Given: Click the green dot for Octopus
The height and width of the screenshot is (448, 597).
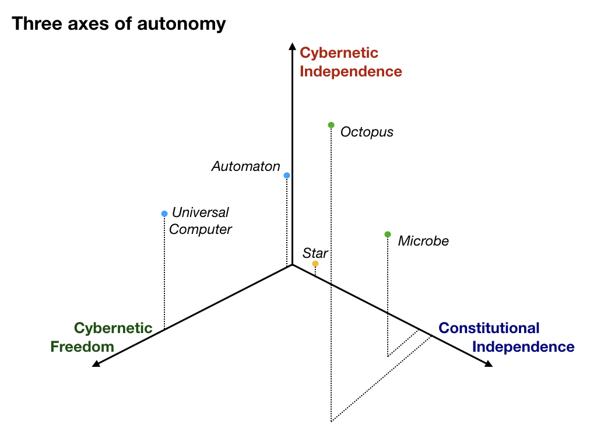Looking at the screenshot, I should point(331,125).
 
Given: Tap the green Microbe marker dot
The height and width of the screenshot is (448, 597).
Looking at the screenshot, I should point(388,235).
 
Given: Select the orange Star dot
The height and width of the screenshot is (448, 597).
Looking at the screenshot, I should point(315,264).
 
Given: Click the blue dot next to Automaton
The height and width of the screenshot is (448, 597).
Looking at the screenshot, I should point(287,175).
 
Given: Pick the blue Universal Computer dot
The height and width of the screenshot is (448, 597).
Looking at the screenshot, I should point(164,213).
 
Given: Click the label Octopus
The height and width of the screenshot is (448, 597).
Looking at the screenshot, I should point(367,132).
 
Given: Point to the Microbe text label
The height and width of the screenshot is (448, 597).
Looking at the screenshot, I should point(423,241).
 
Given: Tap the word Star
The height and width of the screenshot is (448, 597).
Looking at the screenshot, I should point(315,253).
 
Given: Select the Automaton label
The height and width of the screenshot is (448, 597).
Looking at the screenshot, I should point(245,166).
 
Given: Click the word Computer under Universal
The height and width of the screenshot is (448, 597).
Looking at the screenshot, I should point(200,229).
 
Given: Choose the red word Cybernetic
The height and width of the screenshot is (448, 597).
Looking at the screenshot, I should point(339,53).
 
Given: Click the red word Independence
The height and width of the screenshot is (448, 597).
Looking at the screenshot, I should point(351,72).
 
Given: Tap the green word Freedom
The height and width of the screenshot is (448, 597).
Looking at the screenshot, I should point(82,347).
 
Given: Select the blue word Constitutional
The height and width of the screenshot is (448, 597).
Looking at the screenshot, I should point(489,328).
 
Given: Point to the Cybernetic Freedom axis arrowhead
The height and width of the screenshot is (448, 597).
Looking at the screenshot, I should point(96,364).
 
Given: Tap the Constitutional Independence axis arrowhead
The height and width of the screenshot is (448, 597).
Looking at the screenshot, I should point(489,364).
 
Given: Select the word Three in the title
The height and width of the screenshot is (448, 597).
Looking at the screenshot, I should point(33,24).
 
